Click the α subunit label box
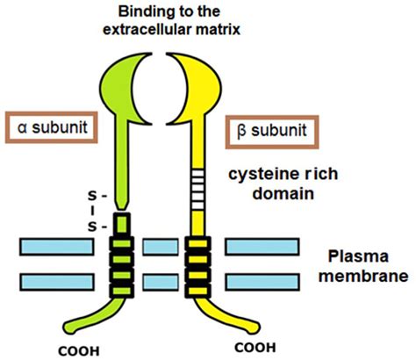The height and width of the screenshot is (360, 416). pyautogui.click(x=52, y=127)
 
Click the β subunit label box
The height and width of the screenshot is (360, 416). pyautogui.click(x=272, y=132)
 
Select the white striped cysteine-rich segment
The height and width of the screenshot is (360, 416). pyautogui.click(x=197, y=190)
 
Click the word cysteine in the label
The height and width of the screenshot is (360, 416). pyautogui.click(x=264, y=175)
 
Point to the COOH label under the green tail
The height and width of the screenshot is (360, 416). pyautogui.click(x=79, y=350)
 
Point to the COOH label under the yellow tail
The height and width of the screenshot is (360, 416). pyautogui.click(x=255, y=348)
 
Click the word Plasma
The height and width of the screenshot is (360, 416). pyautogui.click(x=358, y=256)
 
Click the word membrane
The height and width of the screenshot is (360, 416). pyautogui.click(x=363, y=276)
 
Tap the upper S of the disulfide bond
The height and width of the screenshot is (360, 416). pyautogui.click(x=92, y=196)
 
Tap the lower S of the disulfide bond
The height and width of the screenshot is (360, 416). pyautogui.click(x=92, y=227)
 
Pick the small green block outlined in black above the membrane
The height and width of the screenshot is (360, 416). pyautogui.click(x=122, y=224)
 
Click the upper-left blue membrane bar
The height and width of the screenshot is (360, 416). pyautogui.click(x=57, y=247)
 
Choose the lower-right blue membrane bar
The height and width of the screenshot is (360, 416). pyautogui.click(x=262, y=282)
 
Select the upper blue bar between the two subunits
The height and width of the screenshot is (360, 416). pyautogui.click(x=161, y=247)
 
